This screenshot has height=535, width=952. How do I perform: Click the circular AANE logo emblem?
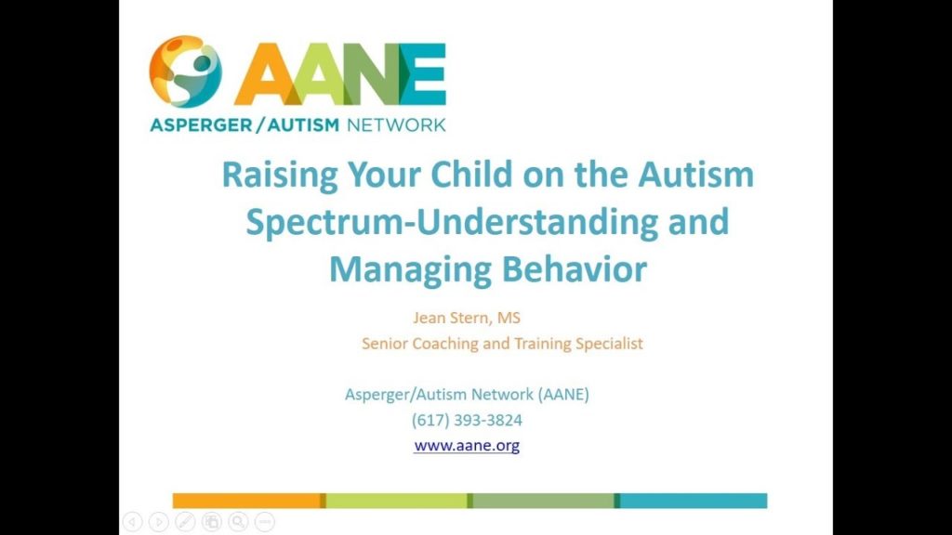click(186, 72)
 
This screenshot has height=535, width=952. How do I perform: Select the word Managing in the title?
click(410, 269)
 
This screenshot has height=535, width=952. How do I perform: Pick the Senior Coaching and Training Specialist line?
click(502, 344)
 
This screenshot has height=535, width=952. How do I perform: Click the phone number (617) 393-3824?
click(467, 420)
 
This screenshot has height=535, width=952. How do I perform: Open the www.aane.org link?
click(467, 446)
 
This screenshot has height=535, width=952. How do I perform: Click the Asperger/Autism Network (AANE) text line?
click(467, 394)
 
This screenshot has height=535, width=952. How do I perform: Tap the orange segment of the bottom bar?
click(247, 501)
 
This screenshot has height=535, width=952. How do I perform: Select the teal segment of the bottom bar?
click(694, 501)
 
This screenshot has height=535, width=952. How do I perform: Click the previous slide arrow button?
click(133, 522)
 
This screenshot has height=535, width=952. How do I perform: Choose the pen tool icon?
click(185, 522)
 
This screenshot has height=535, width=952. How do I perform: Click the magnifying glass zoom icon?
click(238, 522)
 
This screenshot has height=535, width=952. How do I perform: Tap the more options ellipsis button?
click(264, 522)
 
